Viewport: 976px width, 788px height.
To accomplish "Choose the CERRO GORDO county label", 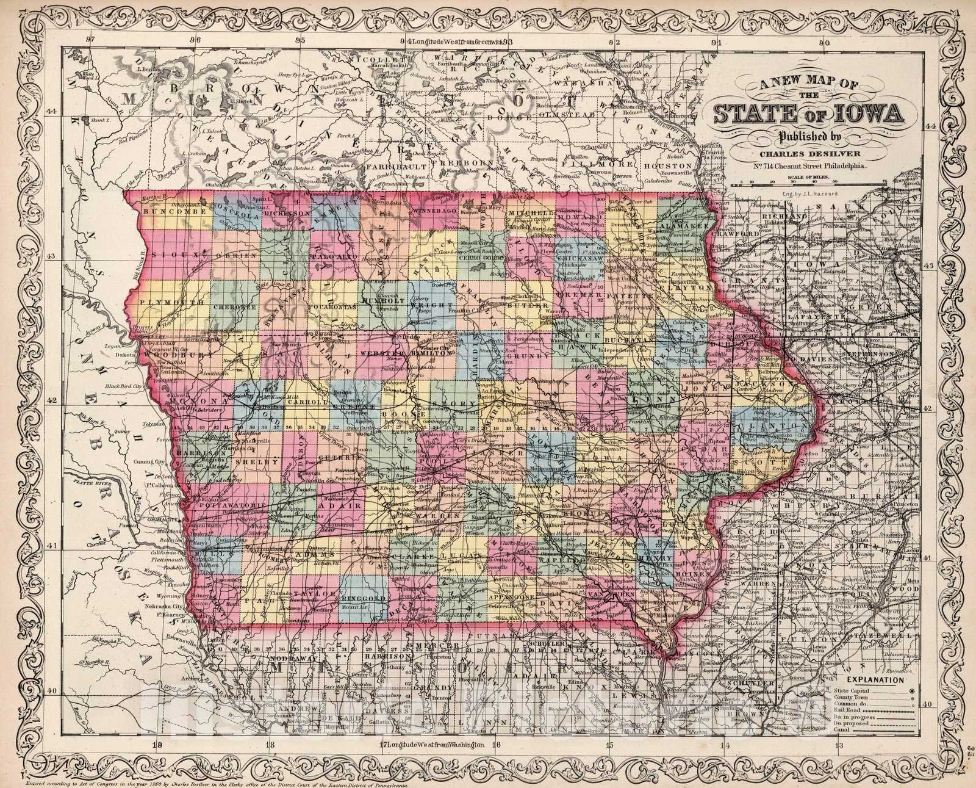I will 481,258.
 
